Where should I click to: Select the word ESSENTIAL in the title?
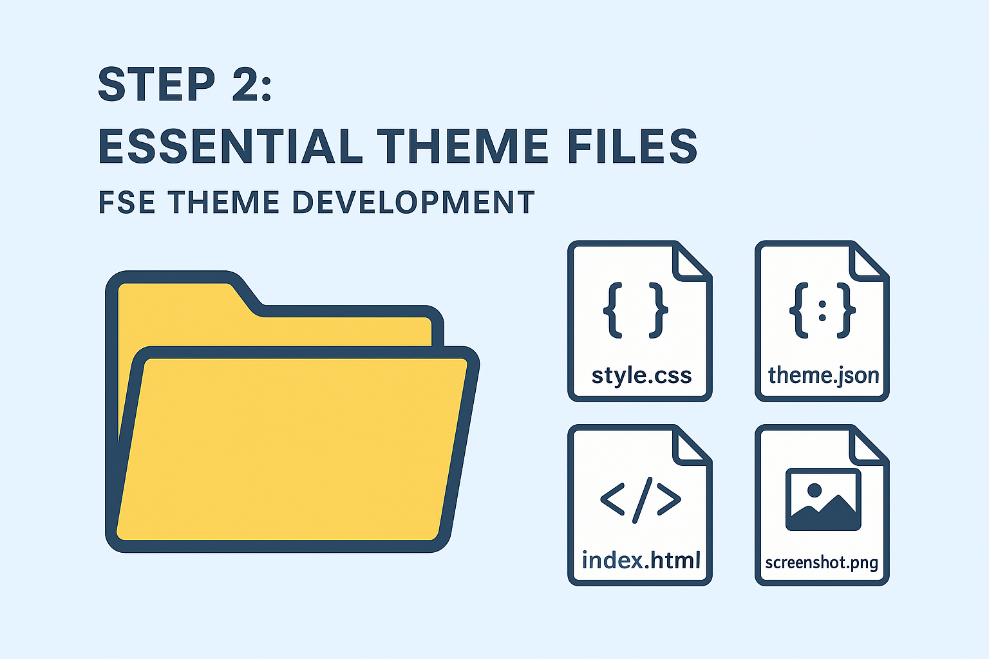tap(231, 146)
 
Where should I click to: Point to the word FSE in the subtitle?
tap(127, 202)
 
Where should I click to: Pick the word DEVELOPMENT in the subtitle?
tap(414, 202)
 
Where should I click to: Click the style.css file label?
tap(641, 376)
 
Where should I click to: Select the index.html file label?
tap(641, 560)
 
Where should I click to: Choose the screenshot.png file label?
tap(822, 562)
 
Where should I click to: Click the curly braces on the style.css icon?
tap(636, 310)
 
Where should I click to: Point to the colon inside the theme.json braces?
tap(822, 311)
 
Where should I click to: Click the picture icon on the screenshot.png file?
tap(824, 499)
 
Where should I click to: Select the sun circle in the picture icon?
tap(814, 490)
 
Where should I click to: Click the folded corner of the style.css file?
tap(690, 264)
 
